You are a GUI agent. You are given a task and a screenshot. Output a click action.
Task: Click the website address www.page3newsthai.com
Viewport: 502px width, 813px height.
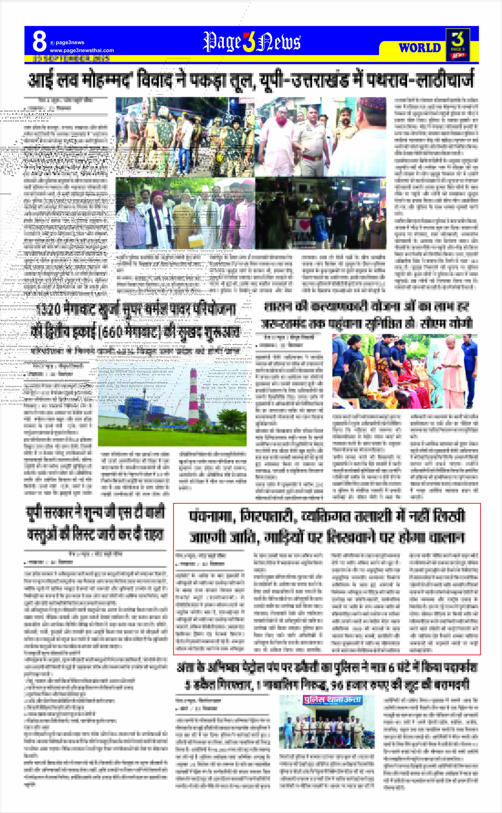point(82,50)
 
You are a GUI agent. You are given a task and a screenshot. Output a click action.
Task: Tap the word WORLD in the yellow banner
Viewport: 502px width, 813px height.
point(420,48)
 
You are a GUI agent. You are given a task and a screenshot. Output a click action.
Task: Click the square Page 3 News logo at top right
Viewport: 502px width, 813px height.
point(458,45)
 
